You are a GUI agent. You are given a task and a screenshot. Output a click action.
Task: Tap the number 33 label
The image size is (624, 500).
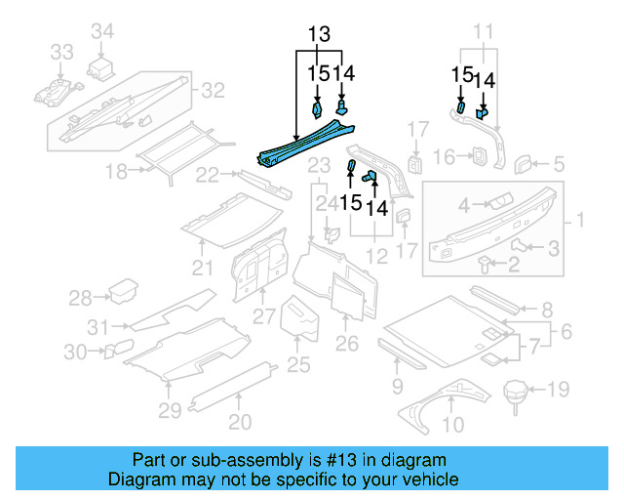click(61, 51)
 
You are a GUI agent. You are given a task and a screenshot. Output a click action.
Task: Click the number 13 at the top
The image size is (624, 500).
click(319, 35)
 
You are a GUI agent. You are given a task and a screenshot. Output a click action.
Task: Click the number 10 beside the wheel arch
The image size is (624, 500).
click(453, 425)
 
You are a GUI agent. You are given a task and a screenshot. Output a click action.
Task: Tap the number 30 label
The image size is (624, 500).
click(75, 351)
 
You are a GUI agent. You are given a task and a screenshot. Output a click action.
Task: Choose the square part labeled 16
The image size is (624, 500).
click(479, 156)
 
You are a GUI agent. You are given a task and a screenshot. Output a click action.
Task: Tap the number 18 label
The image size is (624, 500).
click(117, 172)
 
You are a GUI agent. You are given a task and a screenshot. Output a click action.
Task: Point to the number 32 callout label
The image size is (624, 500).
click(213, 91)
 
